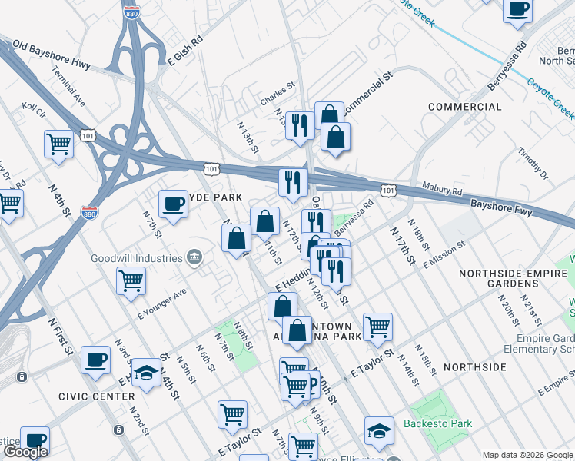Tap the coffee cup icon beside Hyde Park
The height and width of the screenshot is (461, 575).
pyautogui.click(x=173, y=204)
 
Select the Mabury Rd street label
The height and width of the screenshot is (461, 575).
pyautogui.click(x=441, y=189)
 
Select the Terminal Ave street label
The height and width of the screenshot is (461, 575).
pyautogui.click(x=69, y=85)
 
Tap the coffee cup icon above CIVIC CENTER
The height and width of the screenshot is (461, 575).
pyautogui.click(x=96, y=360)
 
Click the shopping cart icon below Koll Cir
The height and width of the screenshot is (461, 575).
pyautogui.click(x=59, y=144)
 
